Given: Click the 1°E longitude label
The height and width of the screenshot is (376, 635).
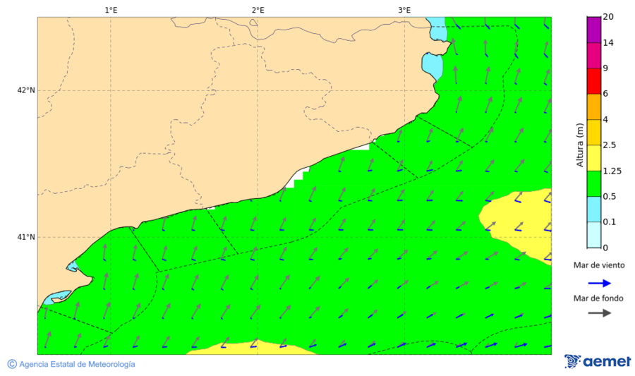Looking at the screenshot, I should click(111, 10).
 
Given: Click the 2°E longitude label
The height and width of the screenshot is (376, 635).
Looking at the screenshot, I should click(258, 10).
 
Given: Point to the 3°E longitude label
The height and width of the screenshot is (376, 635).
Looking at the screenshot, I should click(404, 10).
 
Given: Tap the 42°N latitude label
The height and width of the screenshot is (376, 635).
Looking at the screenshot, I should click(26, 90).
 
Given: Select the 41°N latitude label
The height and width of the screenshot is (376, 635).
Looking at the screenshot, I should click(26, 237).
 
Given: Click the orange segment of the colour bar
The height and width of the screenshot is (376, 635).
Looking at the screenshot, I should click(593, 107).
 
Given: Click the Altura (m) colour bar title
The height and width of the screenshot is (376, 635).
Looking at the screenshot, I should click(580, 145).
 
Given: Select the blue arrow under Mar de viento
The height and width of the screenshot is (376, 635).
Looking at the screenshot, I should click(599, 283).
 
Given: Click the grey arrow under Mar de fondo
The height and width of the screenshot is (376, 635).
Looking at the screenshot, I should click(599, 313).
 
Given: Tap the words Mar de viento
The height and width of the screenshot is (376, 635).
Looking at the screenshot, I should click(599, 266).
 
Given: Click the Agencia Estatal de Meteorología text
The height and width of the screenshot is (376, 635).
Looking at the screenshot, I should click(77, 364).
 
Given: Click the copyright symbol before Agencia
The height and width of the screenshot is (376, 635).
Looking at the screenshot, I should click(12, 364).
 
